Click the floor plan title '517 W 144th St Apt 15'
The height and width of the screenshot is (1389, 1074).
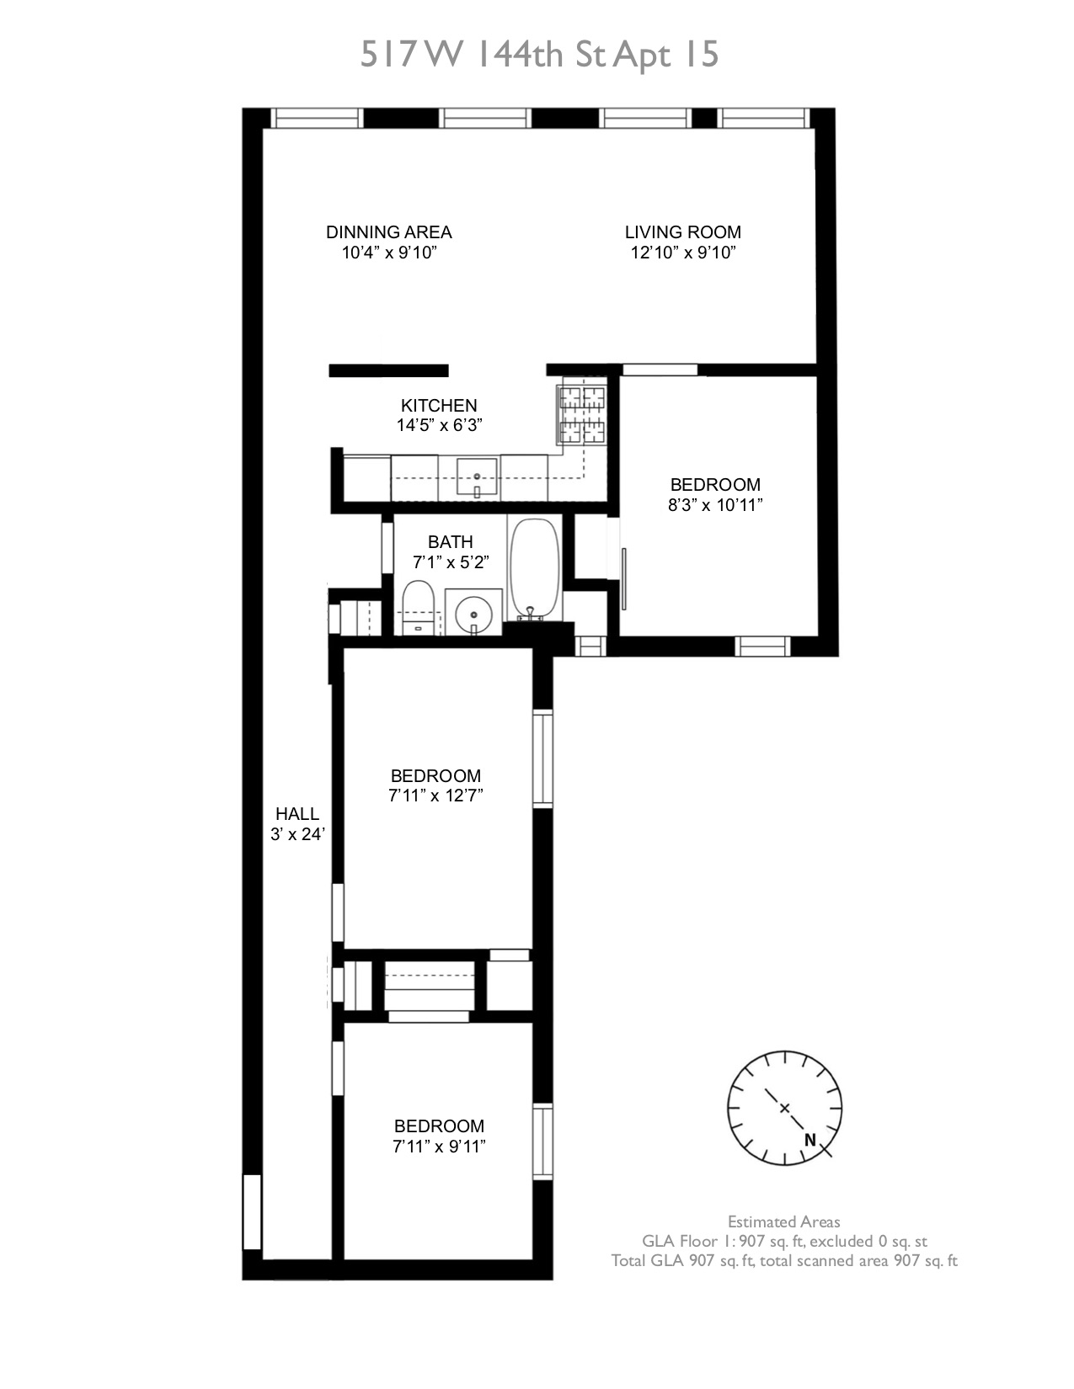click(x=539, y=56)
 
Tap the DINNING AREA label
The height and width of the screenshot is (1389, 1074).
click(x=388, y=232)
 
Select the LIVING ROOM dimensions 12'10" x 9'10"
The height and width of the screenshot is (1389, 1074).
click(x=682, y=253)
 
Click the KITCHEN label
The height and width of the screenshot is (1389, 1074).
click(x=438, y=405)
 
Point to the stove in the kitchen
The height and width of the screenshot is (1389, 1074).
click(x=581, y=414)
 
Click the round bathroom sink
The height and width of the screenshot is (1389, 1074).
click(x=473, y=613)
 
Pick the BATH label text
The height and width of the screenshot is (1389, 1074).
click(x=450, y=542)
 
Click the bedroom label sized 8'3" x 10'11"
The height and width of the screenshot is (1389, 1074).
click(x=714, y=485)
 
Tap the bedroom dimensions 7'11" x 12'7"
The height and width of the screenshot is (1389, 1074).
click(x=435, y=796)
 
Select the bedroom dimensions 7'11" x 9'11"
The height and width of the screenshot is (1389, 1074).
click(x=439, y=1147)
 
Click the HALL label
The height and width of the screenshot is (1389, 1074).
click(x=297, y=814)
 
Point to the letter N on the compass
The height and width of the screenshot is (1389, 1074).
click(x=810, y=1141)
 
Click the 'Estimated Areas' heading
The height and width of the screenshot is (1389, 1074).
click(x=783, y=1221)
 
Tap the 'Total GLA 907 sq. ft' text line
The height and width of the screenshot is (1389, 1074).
click(x=783, y=1261)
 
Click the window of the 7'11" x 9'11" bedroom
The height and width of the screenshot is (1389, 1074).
click(x=542, y=1142)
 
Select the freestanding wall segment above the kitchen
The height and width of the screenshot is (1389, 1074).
click(x=388, y=370)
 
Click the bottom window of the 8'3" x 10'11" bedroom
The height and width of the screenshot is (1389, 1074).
click(x=761, y=646)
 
